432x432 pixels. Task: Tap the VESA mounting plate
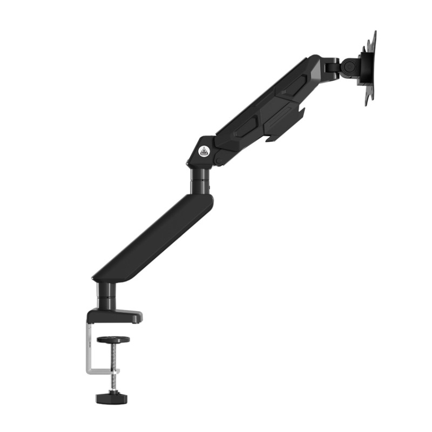pos(370,67)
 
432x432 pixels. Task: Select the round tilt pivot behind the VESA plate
pos(349,66)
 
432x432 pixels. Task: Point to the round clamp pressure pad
pos(113,340)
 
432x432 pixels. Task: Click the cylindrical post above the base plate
pos(106,296)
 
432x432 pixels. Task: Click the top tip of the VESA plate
pos(374,33)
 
